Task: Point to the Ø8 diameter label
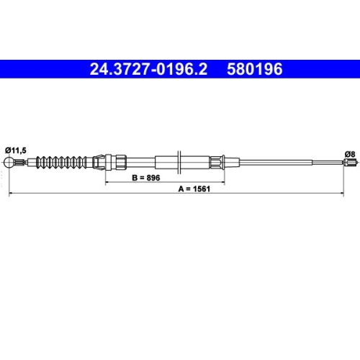349,153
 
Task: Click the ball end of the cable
9,163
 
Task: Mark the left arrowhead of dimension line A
9,195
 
